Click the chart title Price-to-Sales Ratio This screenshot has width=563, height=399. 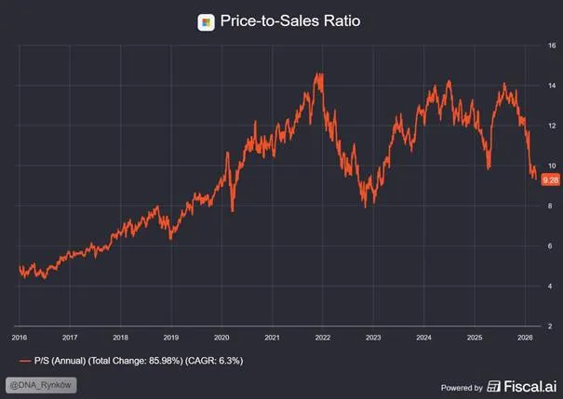point(290,20)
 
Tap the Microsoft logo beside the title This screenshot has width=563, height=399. point(206,22)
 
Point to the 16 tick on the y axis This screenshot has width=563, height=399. point(552,46)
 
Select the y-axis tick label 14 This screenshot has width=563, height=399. point(552,86)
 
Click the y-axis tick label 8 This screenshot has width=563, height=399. point(550,206)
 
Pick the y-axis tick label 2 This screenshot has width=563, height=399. point(550,326)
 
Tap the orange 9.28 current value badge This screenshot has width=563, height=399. point(550,180)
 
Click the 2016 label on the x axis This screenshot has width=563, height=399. point(20,338)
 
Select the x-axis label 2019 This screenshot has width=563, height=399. point(171,338)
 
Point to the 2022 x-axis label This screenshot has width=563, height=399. point(322,338)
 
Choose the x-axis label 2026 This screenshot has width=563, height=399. point(525,338)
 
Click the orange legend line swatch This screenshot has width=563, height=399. point(25,361)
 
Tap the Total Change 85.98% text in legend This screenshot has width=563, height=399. point(136,361)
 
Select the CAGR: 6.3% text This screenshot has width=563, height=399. point(214,361)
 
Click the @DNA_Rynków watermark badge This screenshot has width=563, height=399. point(41,385)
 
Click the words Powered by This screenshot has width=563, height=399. point(462,388)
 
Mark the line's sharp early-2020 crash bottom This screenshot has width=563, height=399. point(233,211)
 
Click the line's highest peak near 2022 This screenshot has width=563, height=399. point(318,73)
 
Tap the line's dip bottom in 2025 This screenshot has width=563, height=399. point(489,168)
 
